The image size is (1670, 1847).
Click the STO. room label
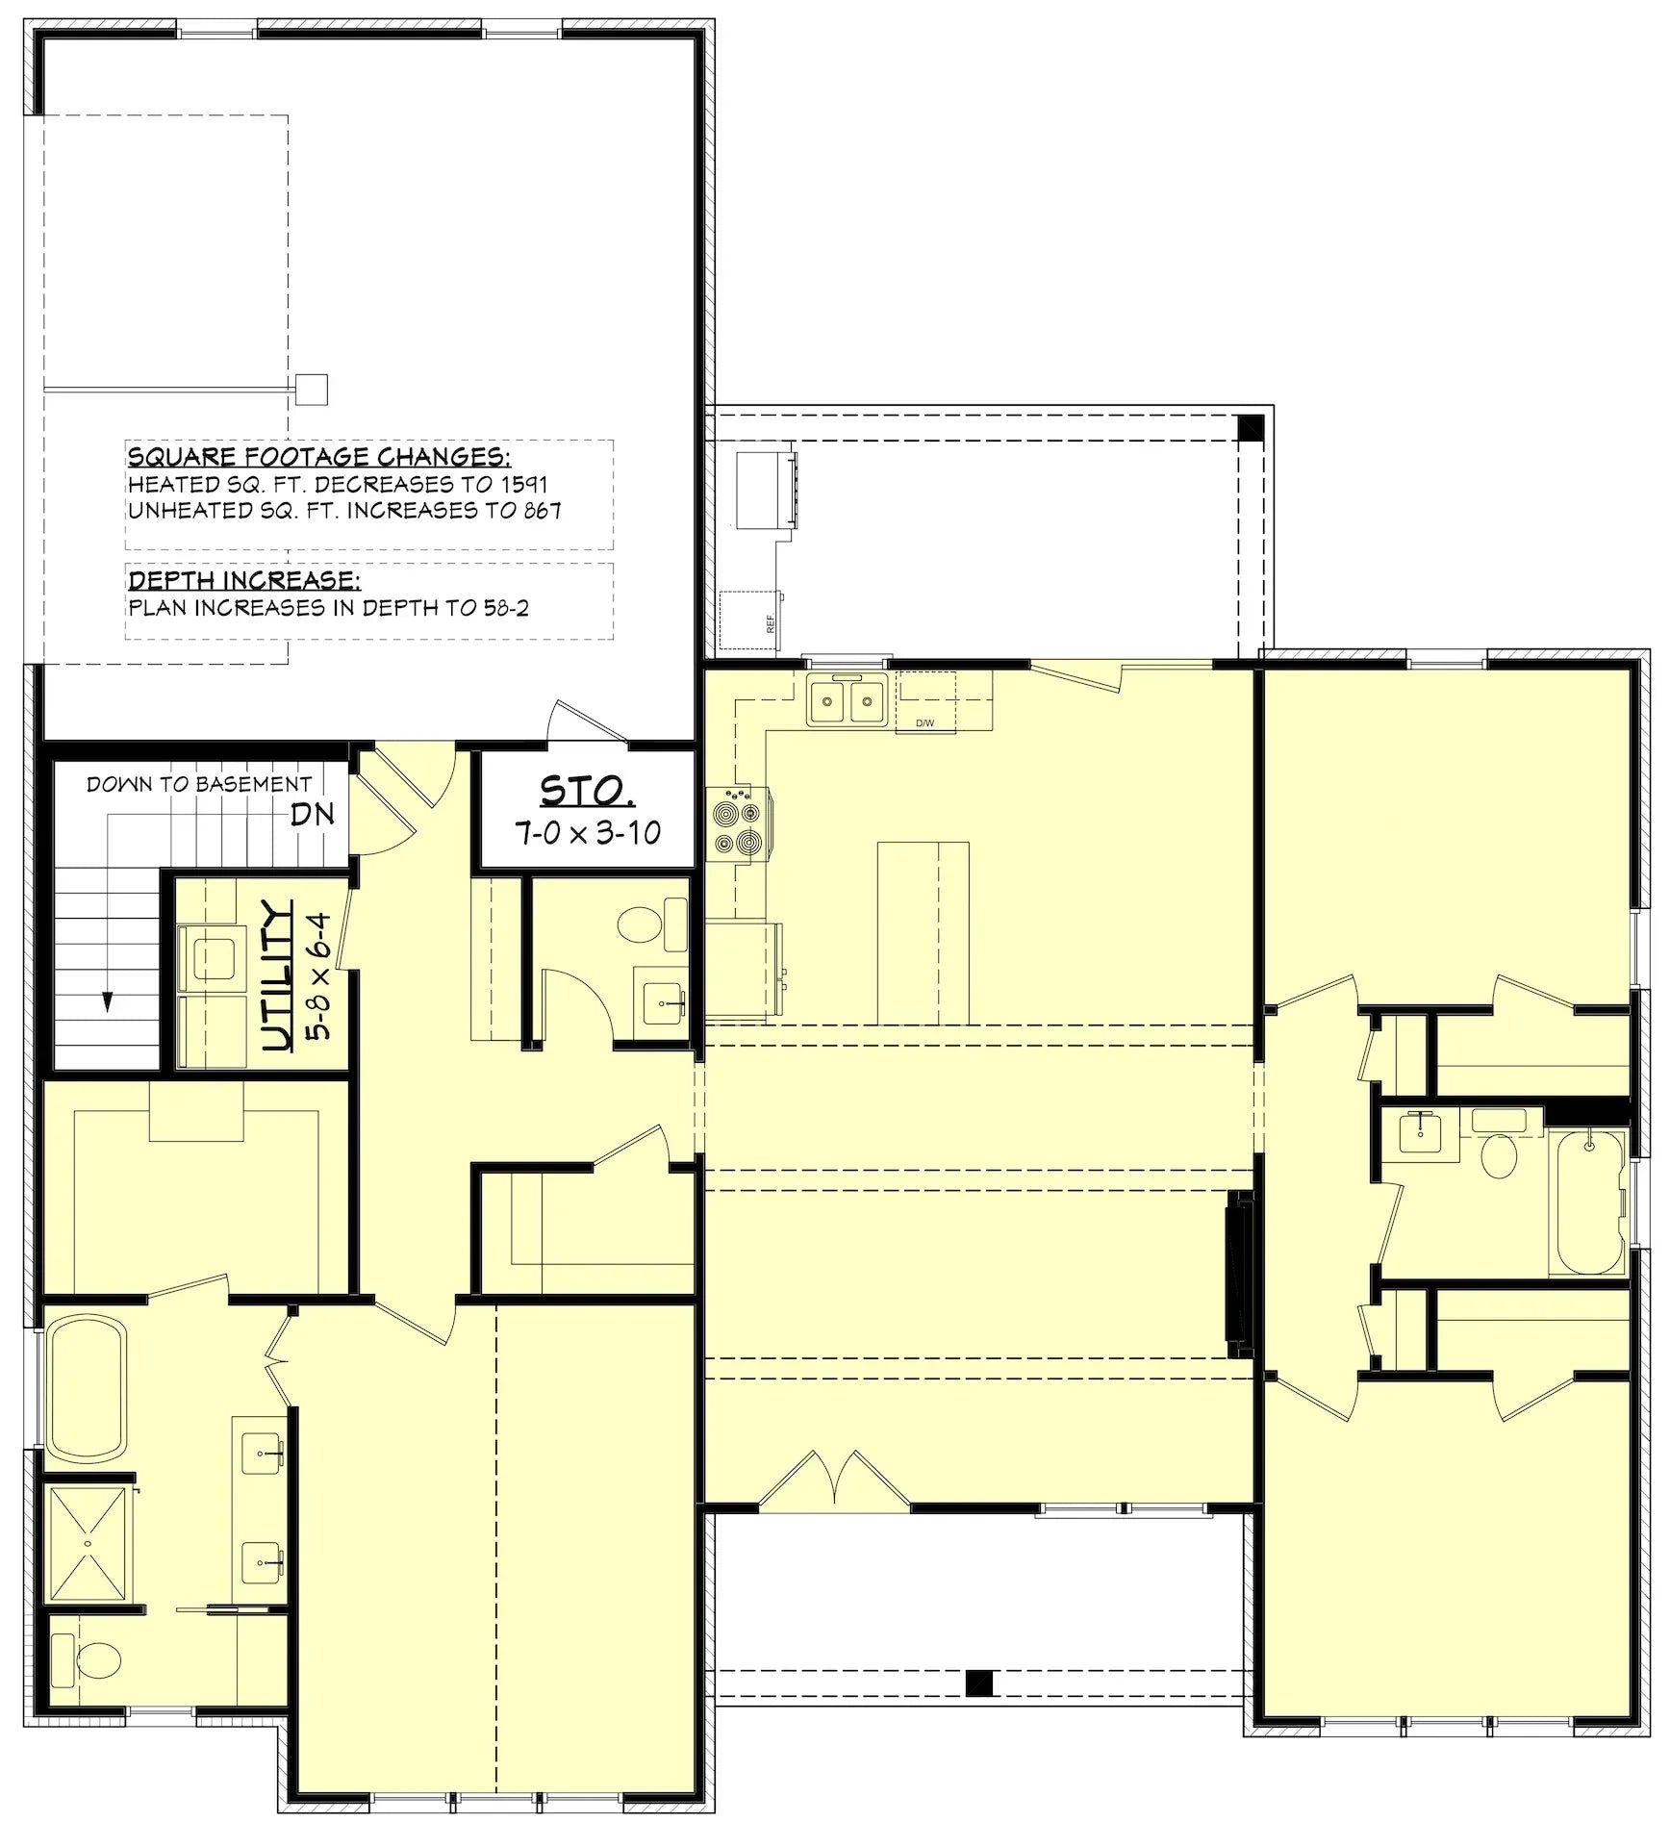(x=586, y=791)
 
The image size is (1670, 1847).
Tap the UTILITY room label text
(x=277, y=975)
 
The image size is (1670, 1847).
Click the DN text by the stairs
(x=313, y=814)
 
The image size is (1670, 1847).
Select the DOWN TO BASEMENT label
(x=199, y=784)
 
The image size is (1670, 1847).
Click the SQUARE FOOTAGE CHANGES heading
(x=319, y=456)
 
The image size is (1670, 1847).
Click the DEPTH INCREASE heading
(x=244, y=580)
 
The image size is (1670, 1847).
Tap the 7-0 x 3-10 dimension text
(x=588, y=832)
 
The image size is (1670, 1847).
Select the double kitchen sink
(x=848, y=699)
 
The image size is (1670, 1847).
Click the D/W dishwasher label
(x=924, y=722)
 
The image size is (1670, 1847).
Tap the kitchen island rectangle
(x=923, y=932)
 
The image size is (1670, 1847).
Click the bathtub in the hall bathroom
(x=1586, y=1202)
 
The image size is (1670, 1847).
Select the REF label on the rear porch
(x=770, y=623)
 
